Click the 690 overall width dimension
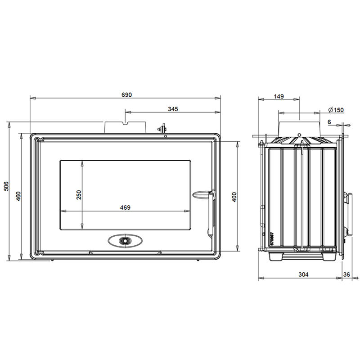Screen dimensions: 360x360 pos(126,95)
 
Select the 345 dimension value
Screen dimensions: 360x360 pos(173,109)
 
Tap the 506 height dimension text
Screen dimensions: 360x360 pos(6,186)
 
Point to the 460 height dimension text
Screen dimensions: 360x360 pos(18,196)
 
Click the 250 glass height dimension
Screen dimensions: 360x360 pos(79,195)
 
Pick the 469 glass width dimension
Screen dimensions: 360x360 pos(125,207)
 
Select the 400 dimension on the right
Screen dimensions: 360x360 pos(234,197)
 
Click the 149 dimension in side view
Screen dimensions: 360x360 pos(279,96)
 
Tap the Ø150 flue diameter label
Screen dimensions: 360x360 pos(336,110)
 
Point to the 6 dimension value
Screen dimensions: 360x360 pos(329,122)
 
